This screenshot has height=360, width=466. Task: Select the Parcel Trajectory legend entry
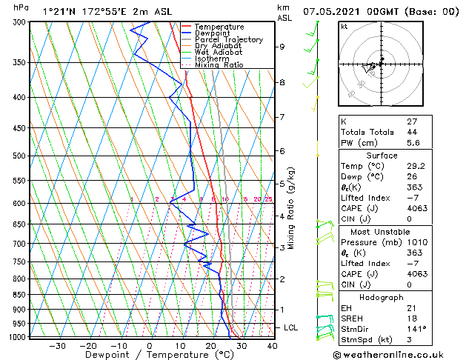pyautogui.click(x=228, y=40)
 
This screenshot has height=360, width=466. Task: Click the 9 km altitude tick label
pyautogui.click(x=282, y=47)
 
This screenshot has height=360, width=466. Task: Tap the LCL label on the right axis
pyautogui.click(x=291, y=327)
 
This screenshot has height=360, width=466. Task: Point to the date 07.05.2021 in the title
pyautogui.click(x=336, y=11)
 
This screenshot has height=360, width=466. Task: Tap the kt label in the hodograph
pyautogui.click(x=344, y=27)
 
